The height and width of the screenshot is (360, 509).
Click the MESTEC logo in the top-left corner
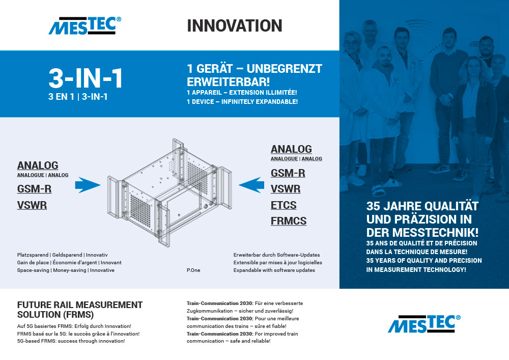[85, 25]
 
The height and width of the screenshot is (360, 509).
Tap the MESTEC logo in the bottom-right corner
[424, 324]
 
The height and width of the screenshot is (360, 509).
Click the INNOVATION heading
[234, 25]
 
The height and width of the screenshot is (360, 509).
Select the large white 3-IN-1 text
[86, 78]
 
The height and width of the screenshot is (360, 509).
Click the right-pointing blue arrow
[88, 185]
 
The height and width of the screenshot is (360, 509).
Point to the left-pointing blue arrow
[251, 185]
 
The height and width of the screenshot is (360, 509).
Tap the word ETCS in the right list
[284, 205]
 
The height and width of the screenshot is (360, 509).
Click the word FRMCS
[289, 221]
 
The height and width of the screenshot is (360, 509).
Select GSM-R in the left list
[34, 189]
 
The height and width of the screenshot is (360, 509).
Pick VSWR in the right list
[286, 189]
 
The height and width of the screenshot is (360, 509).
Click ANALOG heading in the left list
[38, 165]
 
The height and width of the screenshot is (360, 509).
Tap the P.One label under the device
[193, 270]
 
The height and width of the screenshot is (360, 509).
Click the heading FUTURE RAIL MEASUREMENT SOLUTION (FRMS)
[80, 310]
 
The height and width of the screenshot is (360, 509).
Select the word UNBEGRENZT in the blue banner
[285, 69]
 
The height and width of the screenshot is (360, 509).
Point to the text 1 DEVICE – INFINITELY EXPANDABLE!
[242, 102]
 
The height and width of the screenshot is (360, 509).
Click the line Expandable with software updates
[274, 270]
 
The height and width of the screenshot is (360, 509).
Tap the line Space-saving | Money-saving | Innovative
[66, 270]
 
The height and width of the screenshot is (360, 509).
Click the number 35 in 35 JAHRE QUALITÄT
[373, 206]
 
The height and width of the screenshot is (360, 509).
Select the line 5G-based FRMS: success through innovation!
[71, 341]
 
